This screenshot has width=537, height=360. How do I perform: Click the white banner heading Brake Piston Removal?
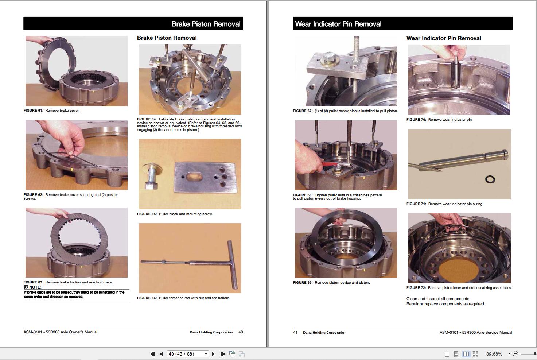206,24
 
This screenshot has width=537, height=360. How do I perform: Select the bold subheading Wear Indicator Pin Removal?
443,38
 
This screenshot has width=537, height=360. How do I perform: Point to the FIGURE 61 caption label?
33,111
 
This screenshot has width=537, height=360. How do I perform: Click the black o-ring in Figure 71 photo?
490,179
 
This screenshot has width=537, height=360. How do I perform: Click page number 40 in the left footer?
241,332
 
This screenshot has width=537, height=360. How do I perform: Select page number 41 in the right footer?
295,333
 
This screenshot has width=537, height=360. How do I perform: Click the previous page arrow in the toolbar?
161,354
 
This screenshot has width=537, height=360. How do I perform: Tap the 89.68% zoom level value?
494,354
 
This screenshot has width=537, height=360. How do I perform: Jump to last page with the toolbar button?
222,354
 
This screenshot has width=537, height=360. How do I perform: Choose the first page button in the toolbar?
152,354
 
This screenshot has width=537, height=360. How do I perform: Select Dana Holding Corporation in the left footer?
211,332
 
